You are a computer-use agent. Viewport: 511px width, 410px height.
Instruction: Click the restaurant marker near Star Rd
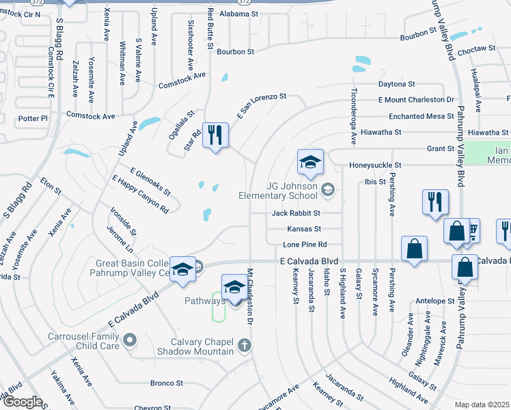[215, 135]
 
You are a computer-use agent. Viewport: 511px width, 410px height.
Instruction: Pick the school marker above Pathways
[234, 288]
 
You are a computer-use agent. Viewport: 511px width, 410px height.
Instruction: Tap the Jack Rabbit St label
[296, 213]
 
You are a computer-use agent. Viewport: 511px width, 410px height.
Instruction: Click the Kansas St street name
[304, 229]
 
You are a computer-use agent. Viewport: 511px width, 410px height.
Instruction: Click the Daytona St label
[397, 84]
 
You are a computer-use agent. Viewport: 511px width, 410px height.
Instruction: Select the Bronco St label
[167, 383]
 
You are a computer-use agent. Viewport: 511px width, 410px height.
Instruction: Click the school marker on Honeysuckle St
[309, 163]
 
